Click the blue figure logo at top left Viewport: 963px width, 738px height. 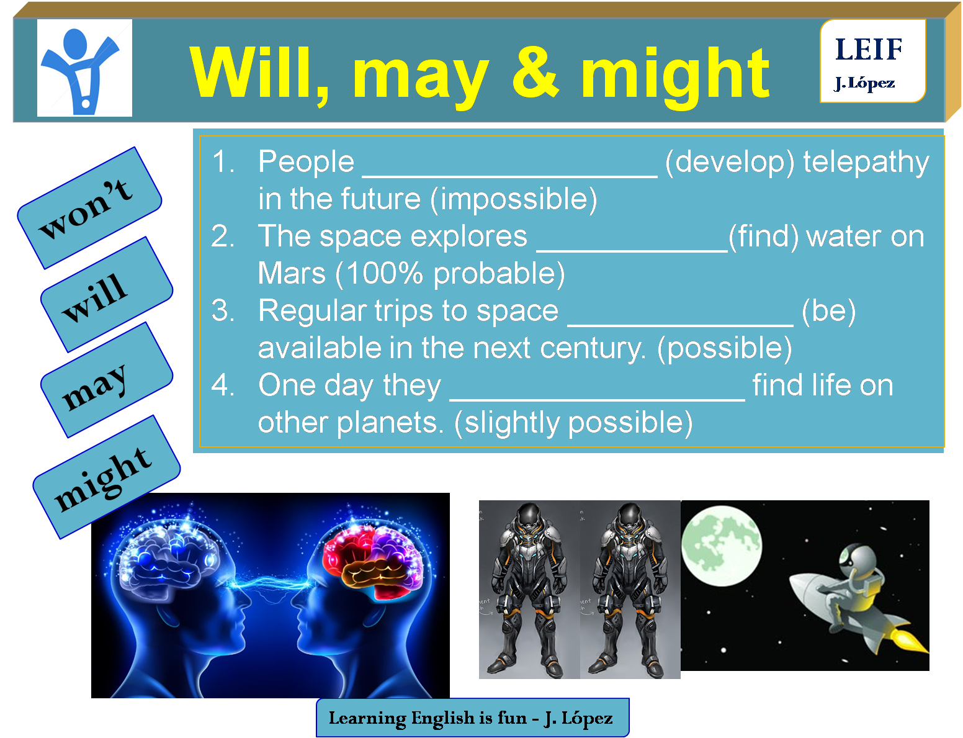[84, 68]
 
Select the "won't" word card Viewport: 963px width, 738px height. [89, 209]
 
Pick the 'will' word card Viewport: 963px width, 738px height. [105, 295]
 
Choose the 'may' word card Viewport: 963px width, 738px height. [105, 380]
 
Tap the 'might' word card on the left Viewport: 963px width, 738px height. [106, 477]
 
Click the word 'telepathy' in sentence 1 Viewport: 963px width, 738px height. [866, 163]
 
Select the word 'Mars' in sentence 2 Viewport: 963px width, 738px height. [292, 274]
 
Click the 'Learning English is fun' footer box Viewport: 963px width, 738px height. [472, 718]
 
